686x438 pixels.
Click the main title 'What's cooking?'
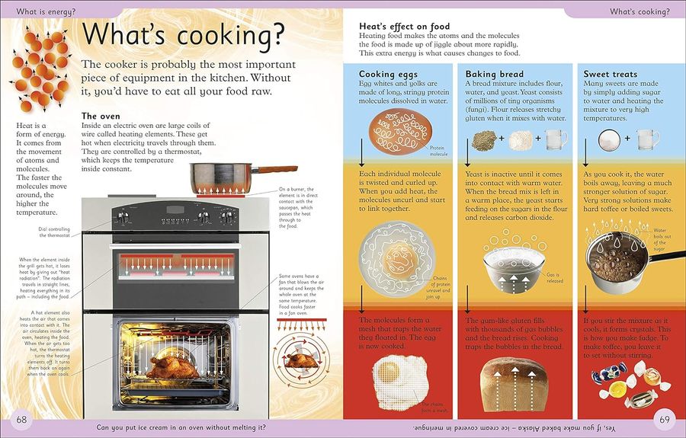[183, 34]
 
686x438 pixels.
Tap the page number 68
[21, 420]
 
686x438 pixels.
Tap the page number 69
[664, 420]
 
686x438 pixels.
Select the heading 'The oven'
[101, 116]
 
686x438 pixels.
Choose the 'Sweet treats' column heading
[611, 74]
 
